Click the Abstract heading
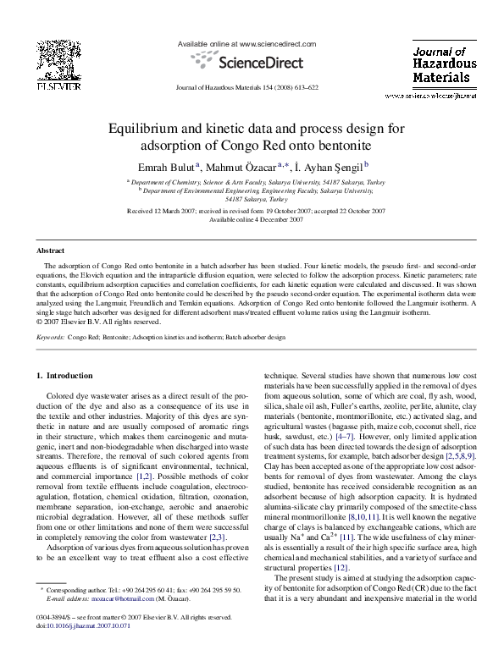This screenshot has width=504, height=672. point(50,251)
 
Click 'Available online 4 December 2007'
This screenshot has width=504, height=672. point(252,218)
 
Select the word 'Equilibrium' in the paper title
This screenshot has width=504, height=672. point(142,129)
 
